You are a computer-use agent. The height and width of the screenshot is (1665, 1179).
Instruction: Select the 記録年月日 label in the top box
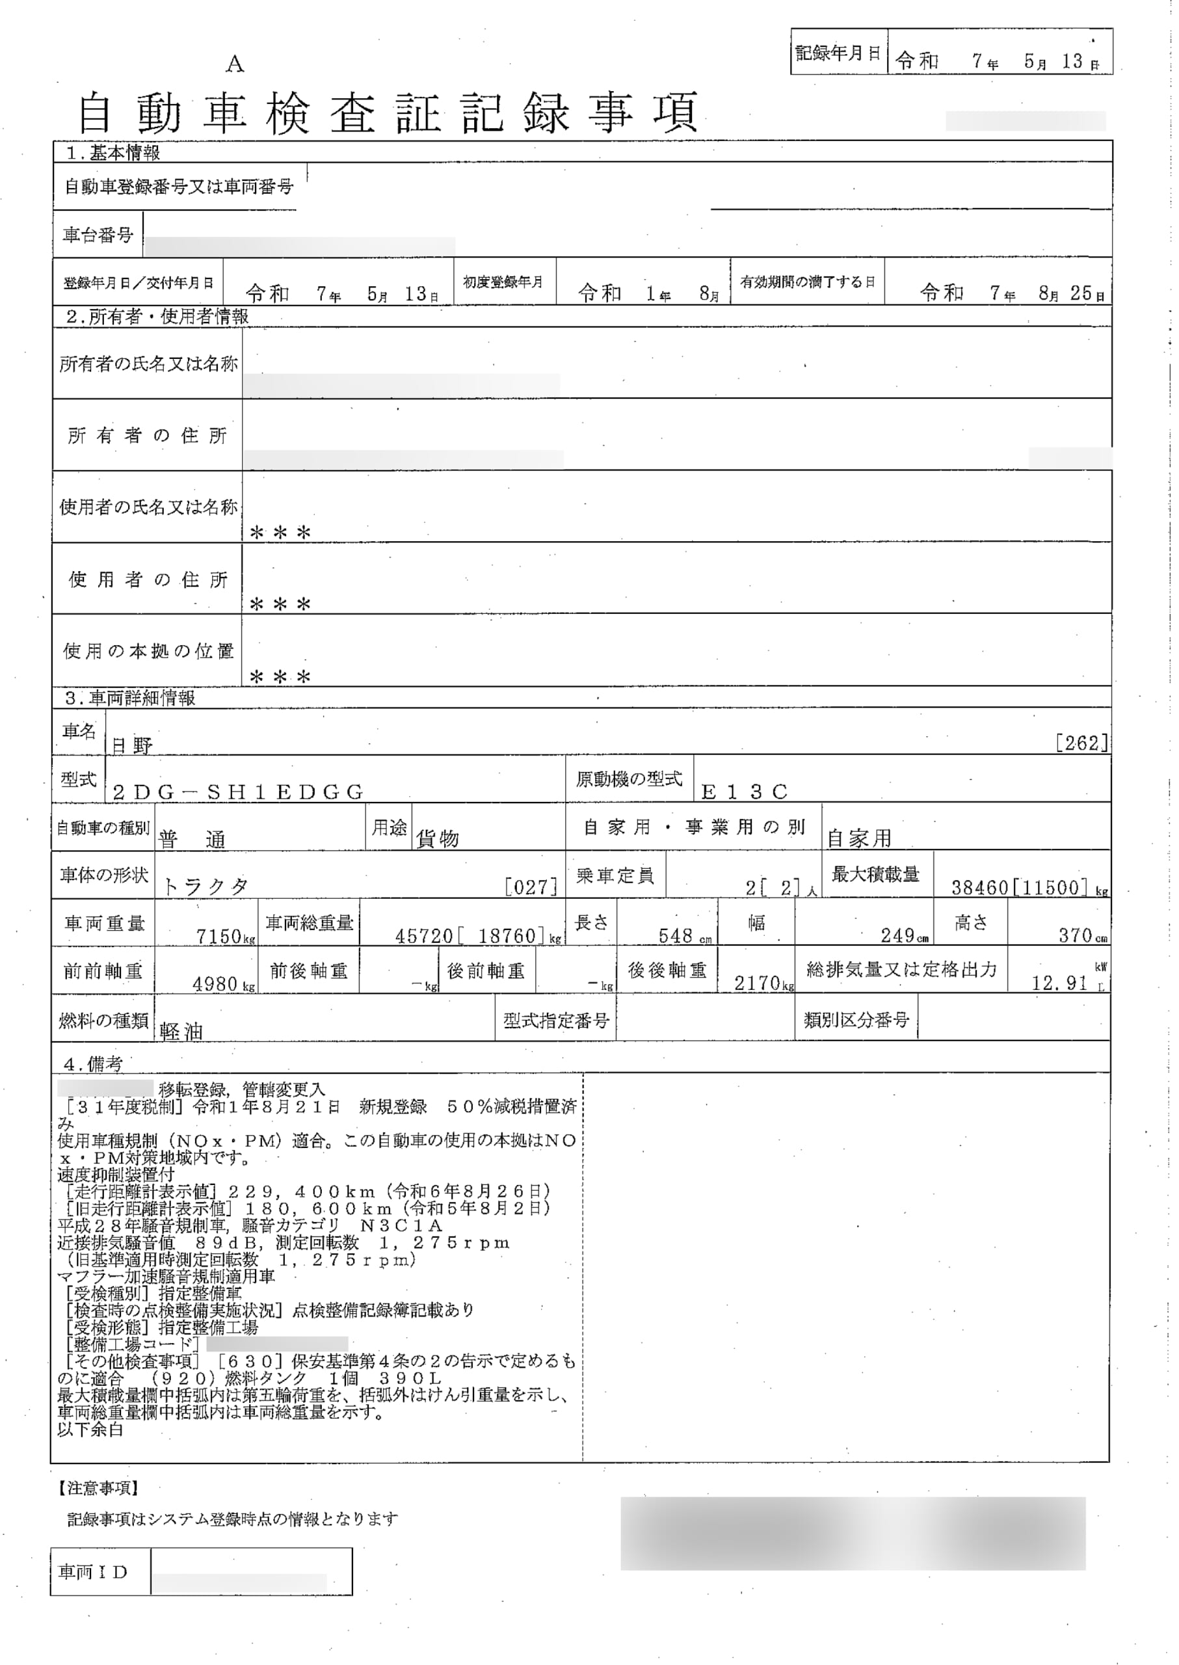point(838,53)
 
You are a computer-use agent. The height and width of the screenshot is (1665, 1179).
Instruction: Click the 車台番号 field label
point(98,235)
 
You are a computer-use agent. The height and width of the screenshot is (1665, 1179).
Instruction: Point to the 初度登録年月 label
point(503,282)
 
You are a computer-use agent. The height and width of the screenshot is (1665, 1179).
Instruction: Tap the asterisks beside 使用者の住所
point(280,604)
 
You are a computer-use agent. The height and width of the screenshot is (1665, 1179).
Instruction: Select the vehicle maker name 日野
point(131,745)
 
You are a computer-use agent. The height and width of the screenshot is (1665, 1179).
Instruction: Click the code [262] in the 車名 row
point(1081,743)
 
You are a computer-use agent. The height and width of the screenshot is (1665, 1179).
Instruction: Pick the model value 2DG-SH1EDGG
point(237,792)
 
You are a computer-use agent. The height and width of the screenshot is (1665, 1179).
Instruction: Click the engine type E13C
point(744,792)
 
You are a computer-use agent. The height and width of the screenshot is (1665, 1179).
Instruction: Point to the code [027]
point(531,886)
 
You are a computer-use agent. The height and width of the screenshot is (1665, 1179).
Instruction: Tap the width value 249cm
point(903,936)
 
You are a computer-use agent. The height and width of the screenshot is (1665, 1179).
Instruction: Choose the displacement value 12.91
point(1059,984)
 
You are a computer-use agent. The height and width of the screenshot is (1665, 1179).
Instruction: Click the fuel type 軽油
point(181,1032)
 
